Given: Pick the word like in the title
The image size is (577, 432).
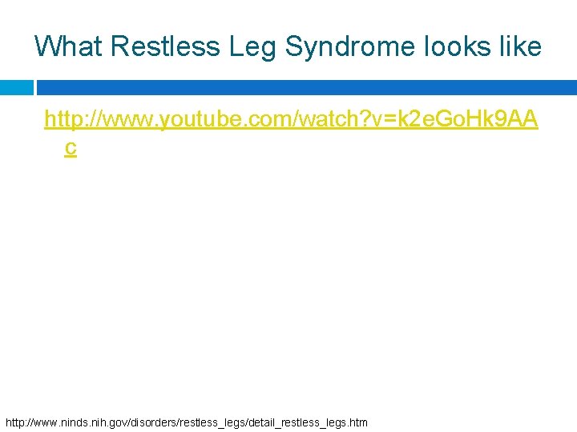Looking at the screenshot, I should point(520,46).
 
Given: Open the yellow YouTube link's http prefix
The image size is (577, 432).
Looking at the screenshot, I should point(64,120).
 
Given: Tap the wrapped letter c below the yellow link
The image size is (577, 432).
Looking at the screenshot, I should point(71,148).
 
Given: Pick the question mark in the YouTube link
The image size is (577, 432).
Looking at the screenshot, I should point(363,120).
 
